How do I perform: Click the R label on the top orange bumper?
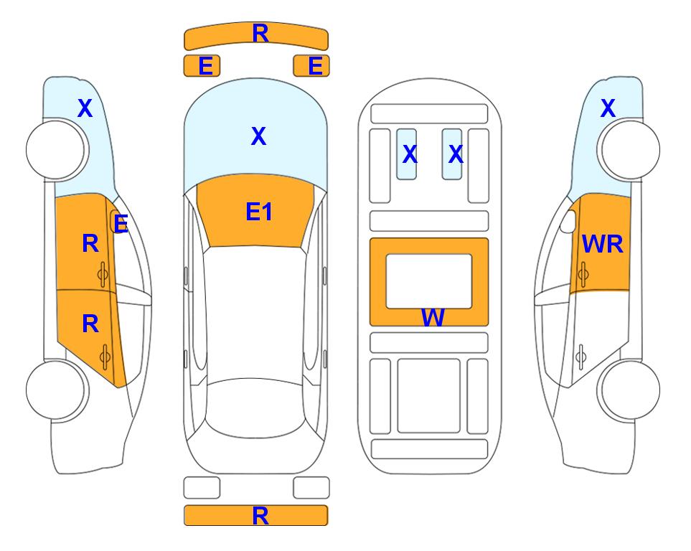click(260, 34)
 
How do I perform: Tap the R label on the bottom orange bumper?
click(260, 516)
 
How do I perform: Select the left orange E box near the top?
click(202, 66)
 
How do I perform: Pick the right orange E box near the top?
click(311, 66)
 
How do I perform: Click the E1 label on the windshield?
click(259, 212)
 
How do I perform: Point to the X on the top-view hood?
click(259, 136)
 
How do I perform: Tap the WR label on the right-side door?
click(603, 244)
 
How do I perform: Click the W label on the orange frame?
click(433, 317)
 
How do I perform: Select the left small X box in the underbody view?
click(407, 154)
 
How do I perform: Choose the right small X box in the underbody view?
click(452, 154)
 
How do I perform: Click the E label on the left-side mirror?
click(121, 224)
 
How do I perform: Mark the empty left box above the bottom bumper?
click(202, 488)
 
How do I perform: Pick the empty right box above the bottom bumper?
click(311, 488)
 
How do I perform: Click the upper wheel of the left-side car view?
click(56, 150)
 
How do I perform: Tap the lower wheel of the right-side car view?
click(630, 390)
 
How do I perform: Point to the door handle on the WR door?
click(583, 274)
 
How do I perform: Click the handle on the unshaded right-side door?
click(581, 357)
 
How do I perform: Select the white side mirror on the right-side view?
click(568, 221)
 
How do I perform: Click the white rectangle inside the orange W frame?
click(429, 281)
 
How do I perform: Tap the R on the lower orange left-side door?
click(90, 324)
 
